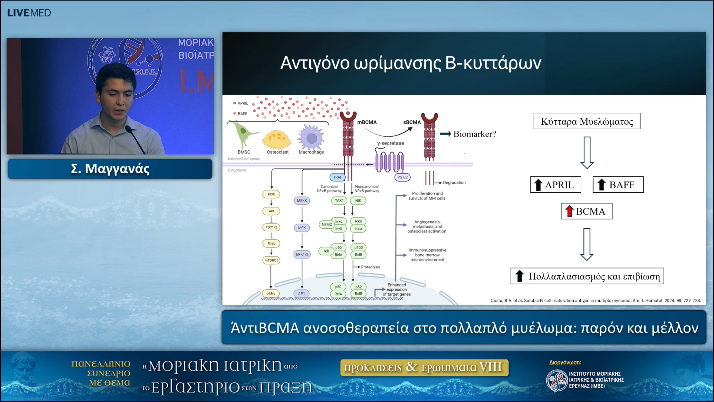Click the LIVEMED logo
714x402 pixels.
point(29,13)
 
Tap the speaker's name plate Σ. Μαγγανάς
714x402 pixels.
point(110,169)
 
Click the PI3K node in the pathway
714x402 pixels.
point(271,194)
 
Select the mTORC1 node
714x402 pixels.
point(271,260)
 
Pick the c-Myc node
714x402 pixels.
point(271,293)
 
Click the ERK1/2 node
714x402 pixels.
point(302,254)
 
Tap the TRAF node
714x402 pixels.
point(337,177)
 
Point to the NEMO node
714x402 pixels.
point(327,224)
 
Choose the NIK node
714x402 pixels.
point(358,200)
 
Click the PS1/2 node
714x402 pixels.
point(402,177)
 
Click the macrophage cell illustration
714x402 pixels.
point(311,137)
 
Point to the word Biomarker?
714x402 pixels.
point(474,134)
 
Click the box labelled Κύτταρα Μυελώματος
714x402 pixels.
point(587,121)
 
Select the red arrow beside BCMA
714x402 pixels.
point(569,211)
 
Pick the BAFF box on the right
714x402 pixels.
point(618,185)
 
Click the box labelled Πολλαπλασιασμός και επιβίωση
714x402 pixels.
point(587,276)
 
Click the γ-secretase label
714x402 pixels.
point(390,143)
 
